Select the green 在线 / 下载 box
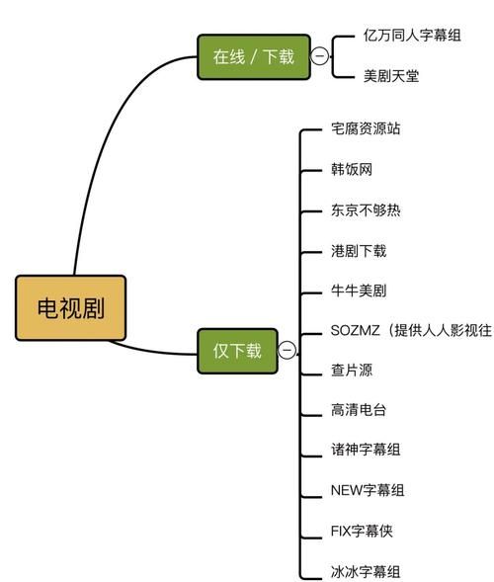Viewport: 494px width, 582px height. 253,56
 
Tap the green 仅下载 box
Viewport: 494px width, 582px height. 237,350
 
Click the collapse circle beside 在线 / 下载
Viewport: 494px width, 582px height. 319,56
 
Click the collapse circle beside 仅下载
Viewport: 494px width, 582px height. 287,350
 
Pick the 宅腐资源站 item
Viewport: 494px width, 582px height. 366,129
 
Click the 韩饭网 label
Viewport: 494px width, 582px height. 352,170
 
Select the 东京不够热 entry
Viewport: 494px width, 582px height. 366,210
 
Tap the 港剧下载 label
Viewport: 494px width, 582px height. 359,251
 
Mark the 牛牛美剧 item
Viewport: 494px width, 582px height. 359,291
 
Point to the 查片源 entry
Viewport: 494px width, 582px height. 352,371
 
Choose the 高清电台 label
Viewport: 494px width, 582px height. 359,410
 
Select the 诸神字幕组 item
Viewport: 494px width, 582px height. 366,450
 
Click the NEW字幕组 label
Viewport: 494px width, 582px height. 367,489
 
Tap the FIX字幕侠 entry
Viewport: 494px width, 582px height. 366,531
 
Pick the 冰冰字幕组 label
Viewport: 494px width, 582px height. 366,570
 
